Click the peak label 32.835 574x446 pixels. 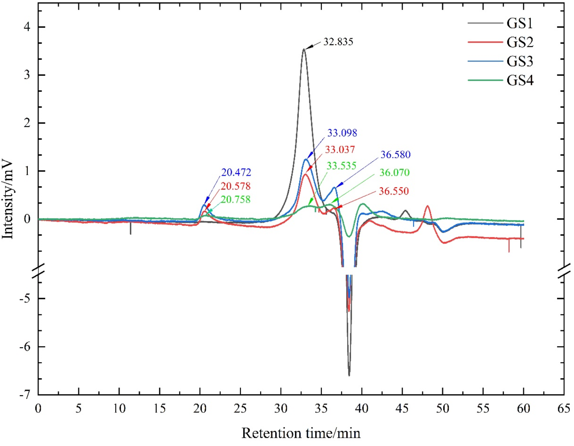(x=338, y=42)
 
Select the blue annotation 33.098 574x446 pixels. (x=342, y=133)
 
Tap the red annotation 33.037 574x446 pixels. (x=340, y=150)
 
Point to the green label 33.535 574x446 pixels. (x=341, y=166)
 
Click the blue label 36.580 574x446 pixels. (x=395, y=155)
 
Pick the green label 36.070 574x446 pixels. (x=394, y=172)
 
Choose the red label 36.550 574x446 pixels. (x=394, y=191)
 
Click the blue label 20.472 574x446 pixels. (x=236, y=172)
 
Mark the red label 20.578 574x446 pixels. (x=235, y=186)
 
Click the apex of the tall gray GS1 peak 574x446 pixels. (x=304, y=49)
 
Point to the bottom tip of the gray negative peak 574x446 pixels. (x=349, y=375)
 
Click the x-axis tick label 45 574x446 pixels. (x=402, y=409)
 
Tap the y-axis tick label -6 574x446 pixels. (x=25, y=347)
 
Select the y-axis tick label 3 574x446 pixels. (x=27, y=75)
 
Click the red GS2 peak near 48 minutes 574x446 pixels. (x=428, y=206)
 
